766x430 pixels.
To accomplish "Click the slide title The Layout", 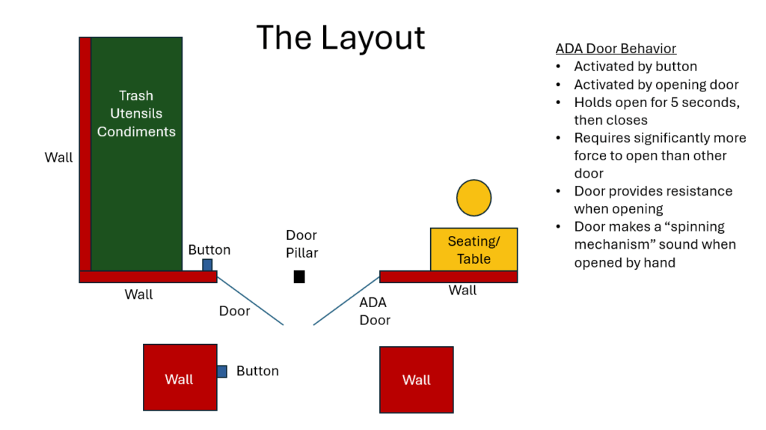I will [x=340, y=37].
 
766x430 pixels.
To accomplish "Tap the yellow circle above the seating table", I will [x=474, y=198].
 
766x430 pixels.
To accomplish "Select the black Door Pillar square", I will [x=299, y=276].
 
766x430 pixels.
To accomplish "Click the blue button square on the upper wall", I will [x=207, y=264].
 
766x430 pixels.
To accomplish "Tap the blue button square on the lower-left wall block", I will [x=222, y=372].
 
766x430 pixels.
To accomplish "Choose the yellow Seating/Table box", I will [x=474, y=249].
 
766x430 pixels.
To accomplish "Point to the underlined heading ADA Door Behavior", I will [x=616, y=49].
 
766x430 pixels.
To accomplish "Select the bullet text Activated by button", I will [x=635, y=67].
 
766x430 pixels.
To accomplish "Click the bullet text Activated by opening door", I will [x=656, y=85].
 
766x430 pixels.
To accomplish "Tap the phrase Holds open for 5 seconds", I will [x=657, y=103].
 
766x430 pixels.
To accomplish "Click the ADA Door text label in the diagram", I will [x=375, y=312].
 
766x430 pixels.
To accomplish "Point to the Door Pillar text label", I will [x=301, y=244].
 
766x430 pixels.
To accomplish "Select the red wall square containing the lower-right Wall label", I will [x=416, y=379].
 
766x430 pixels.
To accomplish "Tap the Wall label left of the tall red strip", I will [x=58, y=158].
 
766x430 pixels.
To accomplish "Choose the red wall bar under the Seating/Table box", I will [x=448, y=276].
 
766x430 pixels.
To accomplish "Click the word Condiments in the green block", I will [x=136, y=132].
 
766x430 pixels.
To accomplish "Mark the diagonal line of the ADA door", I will [x=346, y=300].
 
